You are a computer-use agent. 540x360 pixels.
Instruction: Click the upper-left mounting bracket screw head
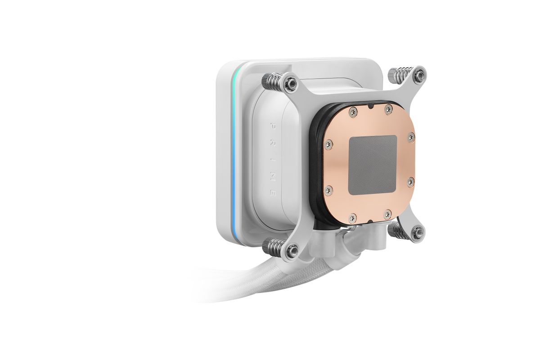coord(292,83)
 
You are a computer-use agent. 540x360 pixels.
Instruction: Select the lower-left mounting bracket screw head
coord(292,251)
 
